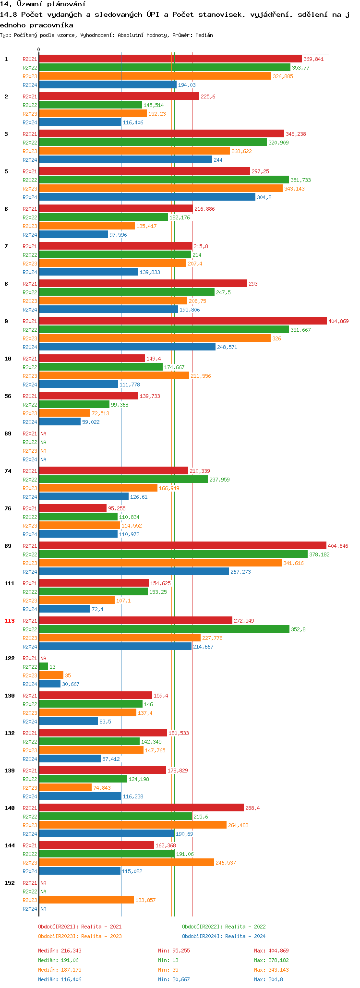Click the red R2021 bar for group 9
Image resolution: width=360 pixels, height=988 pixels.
182,321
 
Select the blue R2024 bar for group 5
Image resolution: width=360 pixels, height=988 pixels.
147,197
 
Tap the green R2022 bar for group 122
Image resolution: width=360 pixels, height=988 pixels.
43,666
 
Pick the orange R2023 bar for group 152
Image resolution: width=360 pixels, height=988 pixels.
86,900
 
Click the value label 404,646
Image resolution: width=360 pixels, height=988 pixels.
338,546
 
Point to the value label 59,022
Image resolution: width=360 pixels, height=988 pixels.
91,422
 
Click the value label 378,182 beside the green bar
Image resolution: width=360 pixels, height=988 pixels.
319,554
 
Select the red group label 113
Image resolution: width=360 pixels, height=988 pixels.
10,621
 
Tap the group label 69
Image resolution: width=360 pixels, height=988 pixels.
8,434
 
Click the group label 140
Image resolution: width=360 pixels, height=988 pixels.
10,808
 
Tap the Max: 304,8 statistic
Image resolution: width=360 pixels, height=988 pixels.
268,979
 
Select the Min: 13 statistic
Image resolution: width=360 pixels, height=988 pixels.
168,960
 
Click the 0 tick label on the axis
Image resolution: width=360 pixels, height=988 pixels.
39,50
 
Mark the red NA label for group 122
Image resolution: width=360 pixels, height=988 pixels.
43,658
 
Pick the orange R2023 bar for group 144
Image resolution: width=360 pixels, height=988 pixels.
126,862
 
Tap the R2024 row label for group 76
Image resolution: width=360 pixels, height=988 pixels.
30,534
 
